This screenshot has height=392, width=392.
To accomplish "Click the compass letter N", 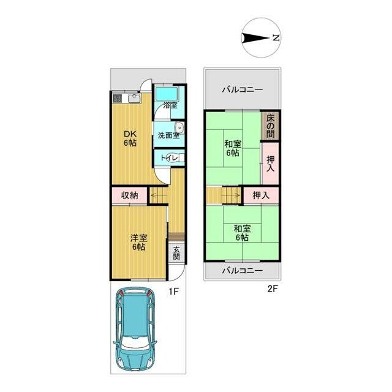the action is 276,38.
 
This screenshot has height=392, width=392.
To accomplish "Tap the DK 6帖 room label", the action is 130,138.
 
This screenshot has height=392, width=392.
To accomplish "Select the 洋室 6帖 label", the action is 139,242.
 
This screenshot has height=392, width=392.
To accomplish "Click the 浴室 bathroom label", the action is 170,105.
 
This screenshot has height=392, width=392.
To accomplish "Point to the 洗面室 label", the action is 169,135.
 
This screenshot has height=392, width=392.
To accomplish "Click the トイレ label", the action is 169,158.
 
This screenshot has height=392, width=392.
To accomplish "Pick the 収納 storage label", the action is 129,195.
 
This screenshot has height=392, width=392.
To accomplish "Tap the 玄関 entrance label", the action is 176,253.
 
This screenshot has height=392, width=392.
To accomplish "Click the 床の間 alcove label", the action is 270,126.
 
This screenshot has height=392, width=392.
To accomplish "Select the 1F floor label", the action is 173,291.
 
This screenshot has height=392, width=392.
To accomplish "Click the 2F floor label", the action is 273,289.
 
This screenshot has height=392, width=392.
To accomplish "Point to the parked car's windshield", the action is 135,345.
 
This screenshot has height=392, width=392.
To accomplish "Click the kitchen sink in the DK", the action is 135,98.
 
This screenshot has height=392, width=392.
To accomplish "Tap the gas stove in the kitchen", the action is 117,98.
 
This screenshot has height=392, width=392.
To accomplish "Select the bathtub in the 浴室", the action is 167,94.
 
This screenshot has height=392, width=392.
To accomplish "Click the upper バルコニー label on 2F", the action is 243,89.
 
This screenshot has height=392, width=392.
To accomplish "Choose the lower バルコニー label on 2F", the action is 243,271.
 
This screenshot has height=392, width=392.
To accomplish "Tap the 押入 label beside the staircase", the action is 261,195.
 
